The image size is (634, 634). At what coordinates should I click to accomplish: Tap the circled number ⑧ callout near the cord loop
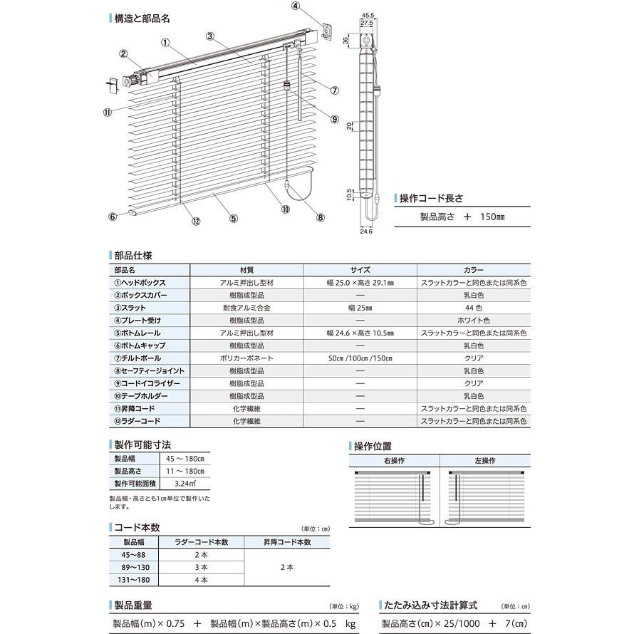[x=320, y=218]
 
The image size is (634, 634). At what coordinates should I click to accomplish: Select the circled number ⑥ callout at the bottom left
[x=113, y=217]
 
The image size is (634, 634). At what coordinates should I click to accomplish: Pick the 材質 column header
[x=246, y=270]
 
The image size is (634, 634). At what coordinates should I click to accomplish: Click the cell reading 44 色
[x=474, y=308]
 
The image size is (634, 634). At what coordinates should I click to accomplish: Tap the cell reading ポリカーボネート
[x=246, y=358]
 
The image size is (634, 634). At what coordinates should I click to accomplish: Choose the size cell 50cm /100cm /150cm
[x=360, y=358]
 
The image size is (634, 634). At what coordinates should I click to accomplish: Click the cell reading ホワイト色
[x=474, y=321]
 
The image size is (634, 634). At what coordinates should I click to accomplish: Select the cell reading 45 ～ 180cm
[x=185, y=458]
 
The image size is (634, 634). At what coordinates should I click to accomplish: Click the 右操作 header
[x=393, y=461]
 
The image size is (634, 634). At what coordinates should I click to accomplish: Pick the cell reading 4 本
[x=202, y=580]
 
